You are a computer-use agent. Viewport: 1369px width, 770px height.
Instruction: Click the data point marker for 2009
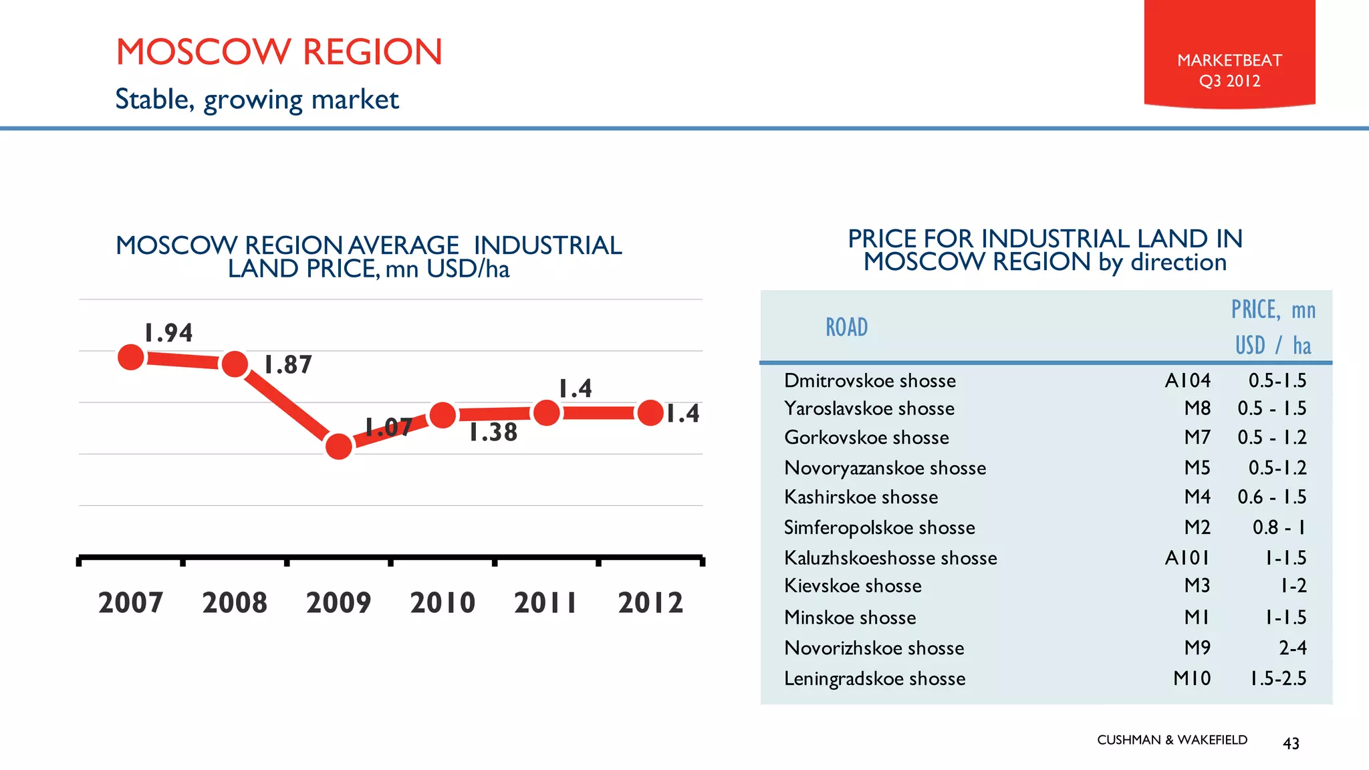point(339,446)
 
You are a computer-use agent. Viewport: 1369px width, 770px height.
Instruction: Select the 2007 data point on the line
point(131,358)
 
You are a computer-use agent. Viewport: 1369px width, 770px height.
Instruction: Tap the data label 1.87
point(288,365)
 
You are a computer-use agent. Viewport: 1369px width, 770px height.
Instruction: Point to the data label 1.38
point(493,432)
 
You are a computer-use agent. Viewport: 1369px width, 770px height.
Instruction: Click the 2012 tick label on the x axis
point(650,603)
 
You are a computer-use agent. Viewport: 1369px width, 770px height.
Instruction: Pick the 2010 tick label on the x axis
point(443,603)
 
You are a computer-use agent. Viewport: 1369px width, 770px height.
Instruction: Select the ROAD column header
point(846,328)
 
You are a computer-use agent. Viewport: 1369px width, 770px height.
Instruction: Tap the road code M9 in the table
point(1197,648)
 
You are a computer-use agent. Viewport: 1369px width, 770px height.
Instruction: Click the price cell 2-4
point(1292,648)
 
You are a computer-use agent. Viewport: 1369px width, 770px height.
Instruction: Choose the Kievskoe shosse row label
point(852,586)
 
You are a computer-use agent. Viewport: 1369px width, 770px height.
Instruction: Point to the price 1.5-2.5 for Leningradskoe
point(1278,678)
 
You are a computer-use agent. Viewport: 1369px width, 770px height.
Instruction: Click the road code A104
point(1187,380)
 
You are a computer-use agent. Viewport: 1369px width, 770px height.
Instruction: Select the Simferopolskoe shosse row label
point(879,527)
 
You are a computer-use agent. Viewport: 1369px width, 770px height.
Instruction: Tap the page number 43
point(1291,743)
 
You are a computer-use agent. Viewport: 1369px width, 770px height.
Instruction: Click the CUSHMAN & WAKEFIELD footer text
point(1172,740)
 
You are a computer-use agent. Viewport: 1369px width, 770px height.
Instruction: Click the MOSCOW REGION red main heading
point(279,52)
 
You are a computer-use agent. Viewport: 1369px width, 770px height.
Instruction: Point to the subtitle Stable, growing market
point(257,100)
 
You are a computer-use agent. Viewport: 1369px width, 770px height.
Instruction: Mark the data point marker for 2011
point(547,413)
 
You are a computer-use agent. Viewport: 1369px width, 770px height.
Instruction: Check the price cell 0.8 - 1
point(1278,527)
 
